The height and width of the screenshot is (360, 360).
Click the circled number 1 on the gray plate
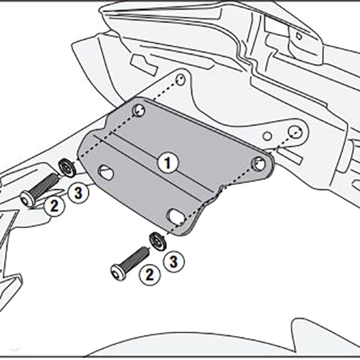(168, 161)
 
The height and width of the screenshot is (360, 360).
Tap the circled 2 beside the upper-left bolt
(54, 206)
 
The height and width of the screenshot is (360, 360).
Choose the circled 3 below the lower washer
(173, 262)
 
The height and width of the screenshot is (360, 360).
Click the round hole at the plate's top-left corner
(139, 110)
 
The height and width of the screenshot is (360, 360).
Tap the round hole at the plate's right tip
(259, 162)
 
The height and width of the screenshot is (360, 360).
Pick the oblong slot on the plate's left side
(106, 173)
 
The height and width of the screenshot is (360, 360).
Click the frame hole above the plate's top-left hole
(181, 79)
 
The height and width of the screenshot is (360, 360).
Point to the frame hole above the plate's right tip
(293, 131)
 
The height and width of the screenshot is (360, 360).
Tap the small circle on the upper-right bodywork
(298, 36)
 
